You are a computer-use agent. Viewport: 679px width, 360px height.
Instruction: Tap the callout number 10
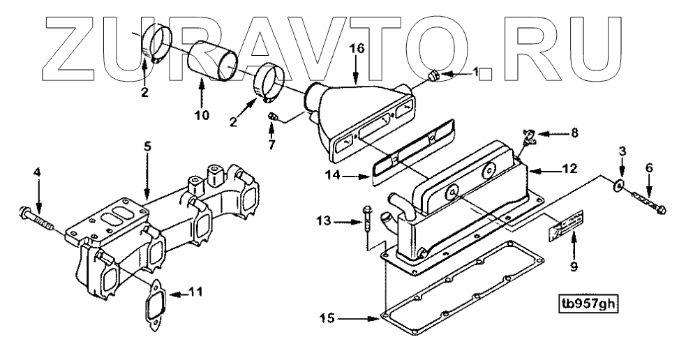(x=202, y=115)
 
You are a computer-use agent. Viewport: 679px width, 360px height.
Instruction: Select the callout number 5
(x=147, y=147)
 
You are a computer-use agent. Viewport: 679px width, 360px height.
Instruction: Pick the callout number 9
(x=574, y=265)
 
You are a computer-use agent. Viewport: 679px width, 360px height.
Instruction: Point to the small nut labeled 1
(x=432, y=73)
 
